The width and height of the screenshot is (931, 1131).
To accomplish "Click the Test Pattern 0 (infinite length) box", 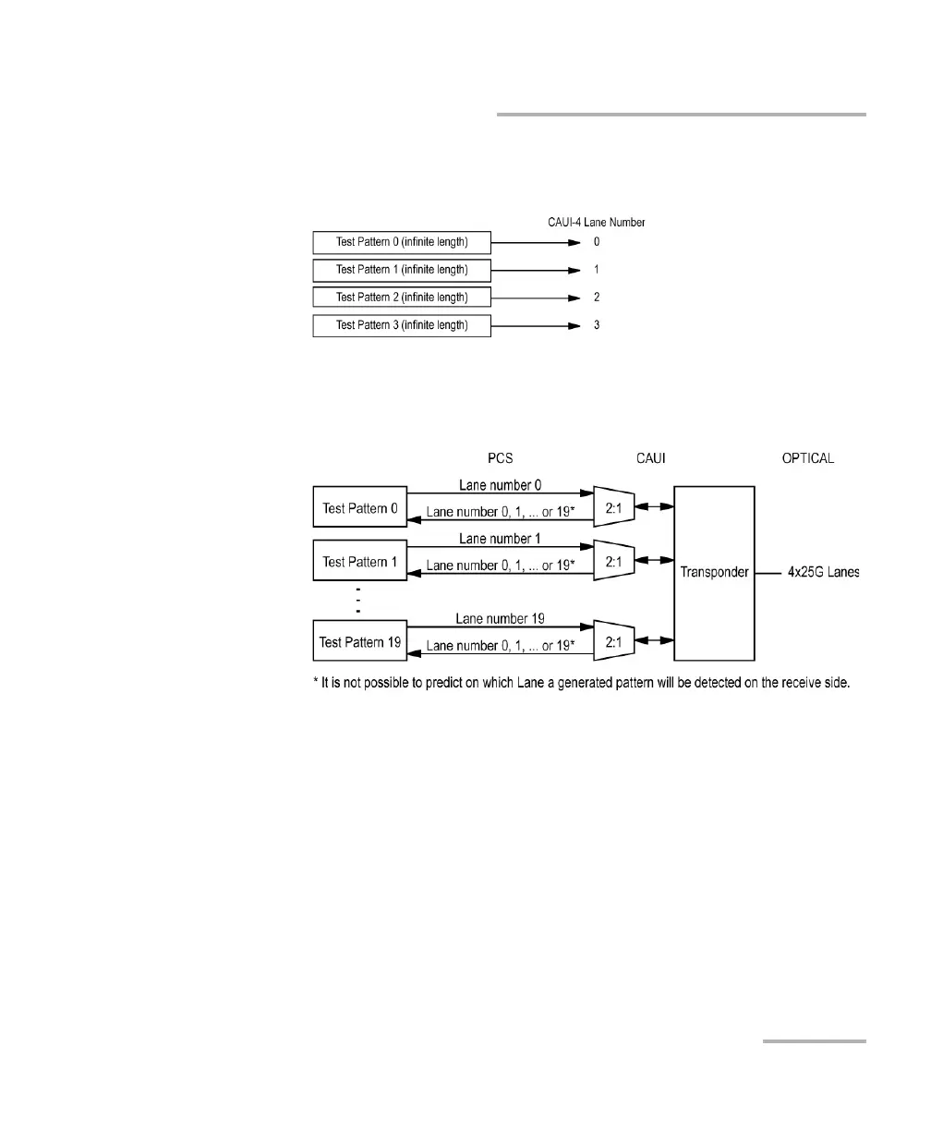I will (x=402, y=243).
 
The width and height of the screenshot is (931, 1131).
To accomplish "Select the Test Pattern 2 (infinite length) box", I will (x=402, y=298).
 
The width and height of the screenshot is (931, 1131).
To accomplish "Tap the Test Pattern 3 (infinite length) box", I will (x=402, y=325).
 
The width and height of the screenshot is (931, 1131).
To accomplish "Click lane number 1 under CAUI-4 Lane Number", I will (x=597, y=270).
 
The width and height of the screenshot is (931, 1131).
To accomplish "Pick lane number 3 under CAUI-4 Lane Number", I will (x=597, y=325).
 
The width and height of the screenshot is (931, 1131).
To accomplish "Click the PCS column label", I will (x=500, y=459).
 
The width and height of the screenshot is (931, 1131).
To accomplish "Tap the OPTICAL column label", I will (x=807, y=459).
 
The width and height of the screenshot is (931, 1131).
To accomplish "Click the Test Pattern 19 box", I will (x=360, y=642).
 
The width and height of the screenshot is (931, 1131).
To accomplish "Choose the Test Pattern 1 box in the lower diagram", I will (x=360, y=562).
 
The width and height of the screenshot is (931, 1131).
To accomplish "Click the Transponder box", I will (x=714, y=572).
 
